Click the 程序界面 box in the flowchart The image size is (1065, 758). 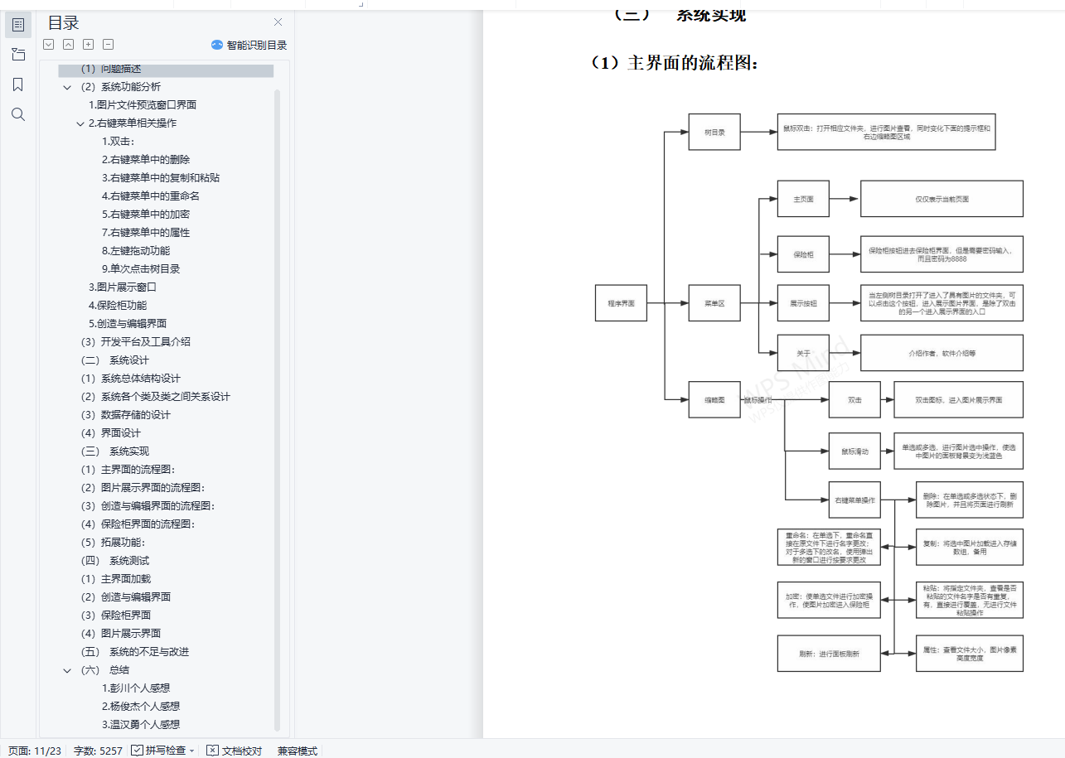click(621, 303)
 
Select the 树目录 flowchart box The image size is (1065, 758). click(714, 132)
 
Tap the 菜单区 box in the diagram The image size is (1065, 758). click(714, 303)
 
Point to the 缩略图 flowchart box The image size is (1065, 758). click(714, 399)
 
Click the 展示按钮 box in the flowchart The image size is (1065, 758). click(803, 303)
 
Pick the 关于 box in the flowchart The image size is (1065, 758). click(803, 353)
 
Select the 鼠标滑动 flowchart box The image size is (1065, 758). click(854, 451)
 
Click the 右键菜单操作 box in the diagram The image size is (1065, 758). click(854, 500)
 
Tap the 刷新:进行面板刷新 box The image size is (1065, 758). click(829, 654)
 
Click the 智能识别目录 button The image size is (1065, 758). click(249, 45)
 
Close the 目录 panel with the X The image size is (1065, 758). click(278, 22)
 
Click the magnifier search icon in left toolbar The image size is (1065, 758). click(18, 114)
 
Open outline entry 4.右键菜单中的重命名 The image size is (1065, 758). click(151, 196)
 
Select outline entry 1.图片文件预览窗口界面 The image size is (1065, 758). click(143, 105)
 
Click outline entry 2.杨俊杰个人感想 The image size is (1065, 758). click(141, 707)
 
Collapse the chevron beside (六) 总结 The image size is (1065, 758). click(67, 670)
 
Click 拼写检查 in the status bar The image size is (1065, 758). click(163, 751)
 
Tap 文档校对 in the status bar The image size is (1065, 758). click(235, 751)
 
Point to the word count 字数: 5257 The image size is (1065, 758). click(98, 751)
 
